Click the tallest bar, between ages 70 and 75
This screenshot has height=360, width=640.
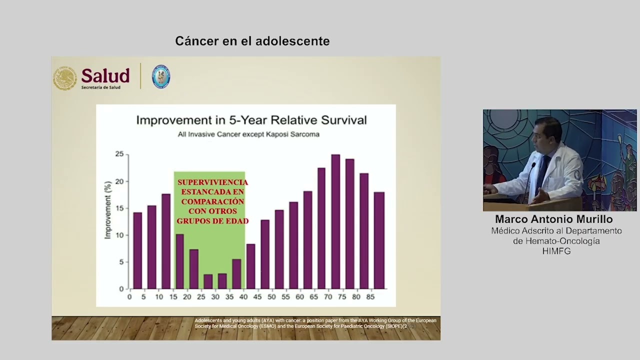coord(335,221)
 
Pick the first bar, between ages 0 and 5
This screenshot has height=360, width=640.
coord(137,250)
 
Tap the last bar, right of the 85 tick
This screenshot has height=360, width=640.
coord(379,240)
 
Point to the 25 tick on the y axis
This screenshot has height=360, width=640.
coord(119,154)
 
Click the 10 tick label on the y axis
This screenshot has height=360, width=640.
coord(119,235)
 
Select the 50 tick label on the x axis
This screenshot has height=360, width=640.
coord(271,297)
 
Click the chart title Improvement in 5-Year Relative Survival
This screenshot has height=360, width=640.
coord(251,120)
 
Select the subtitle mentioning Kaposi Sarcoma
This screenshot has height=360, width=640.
coord(248,134)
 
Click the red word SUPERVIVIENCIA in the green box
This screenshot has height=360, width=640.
coord(212,182)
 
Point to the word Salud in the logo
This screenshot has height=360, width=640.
coord(105,75)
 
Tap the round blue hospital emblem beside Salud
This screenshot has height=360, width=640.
coord(161,77)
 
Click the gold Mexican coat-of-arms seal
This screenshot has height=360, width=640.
coord(65,78)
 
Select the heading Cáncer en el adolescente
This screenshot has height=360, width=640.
coord(252,41)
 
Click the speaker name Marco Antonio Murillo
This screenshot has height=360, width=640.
coord(553,219)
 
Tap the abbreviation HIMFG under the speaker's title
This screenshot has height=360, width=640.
coord(556,251)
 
